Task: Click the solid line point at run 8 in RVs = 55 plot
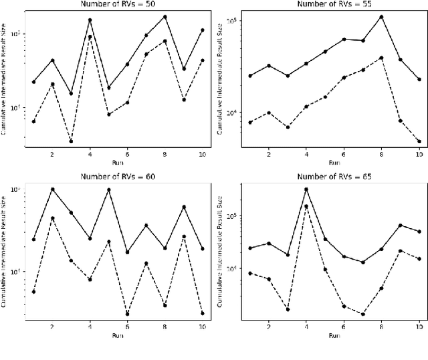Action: coord(381,17)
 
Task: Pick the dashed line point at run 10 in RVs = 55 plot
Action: coord(419,141)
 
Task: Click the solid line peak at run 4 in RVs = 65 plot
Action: coord(306,189)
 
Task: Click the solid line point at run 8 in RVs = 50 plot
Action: coord(165,17)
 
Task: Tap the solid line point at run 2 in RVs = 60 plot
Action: coord(52,189)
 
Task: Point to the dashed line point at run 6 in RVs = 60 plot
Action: coord(127,313)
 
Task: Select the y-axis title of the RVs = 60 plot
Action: coord(5,253)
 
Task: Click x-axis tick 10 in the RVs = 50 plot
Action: coord(202,155)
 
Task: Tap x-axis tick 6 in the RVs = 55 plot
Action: coord(343,155)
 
